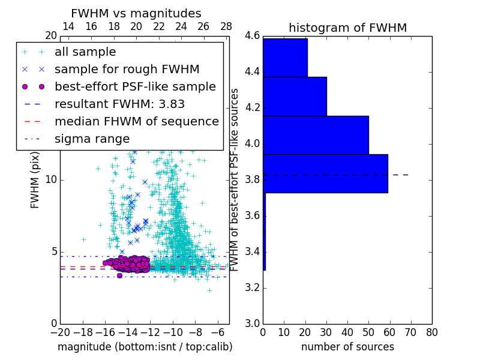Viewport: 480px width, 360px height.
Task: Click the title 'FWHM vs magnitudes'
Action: click(136, 14)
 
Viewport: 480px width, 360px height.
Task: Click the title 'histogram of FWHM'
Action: click(347, 28)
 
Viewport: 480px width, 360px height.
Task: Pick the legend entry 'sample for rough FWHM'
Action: click(127, 70)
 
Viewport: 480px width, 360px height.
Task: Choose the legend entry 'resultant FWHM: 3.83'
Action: click(119, 104)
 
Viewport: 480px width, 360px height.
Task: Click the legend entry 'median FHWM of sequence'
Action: click(136, 122)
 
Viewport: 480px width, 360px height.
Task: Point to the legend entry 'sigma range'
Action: click(92, 139)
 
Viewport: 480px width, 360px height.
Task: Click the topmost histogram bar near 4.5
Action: click(285, 58)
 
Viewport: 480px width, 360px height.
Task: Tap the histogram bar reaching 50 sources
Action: click(316, 135)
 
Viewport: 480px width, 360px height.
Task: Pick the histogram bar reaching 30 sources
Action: click(295, 96)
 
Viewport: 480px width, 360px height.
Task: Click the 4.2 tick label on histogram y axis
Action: click(251, 107)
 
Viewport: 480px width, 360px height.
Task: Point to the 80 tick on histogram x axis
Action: click(431, 331)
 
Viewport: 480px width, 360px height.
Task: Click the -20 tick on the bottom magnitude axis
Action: click(60, 331)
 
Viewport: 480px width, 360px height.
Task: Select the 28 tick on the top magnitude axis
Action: click(226, 27)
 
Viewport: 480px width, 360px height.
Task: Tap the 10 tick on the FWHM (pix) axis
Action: click(51, 179)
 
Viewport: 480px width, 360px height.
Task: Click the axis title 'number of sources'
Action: click(347, 347)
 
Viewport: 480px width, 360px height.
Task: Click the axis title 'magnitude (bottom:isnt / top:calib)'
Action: click(145, 347)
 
